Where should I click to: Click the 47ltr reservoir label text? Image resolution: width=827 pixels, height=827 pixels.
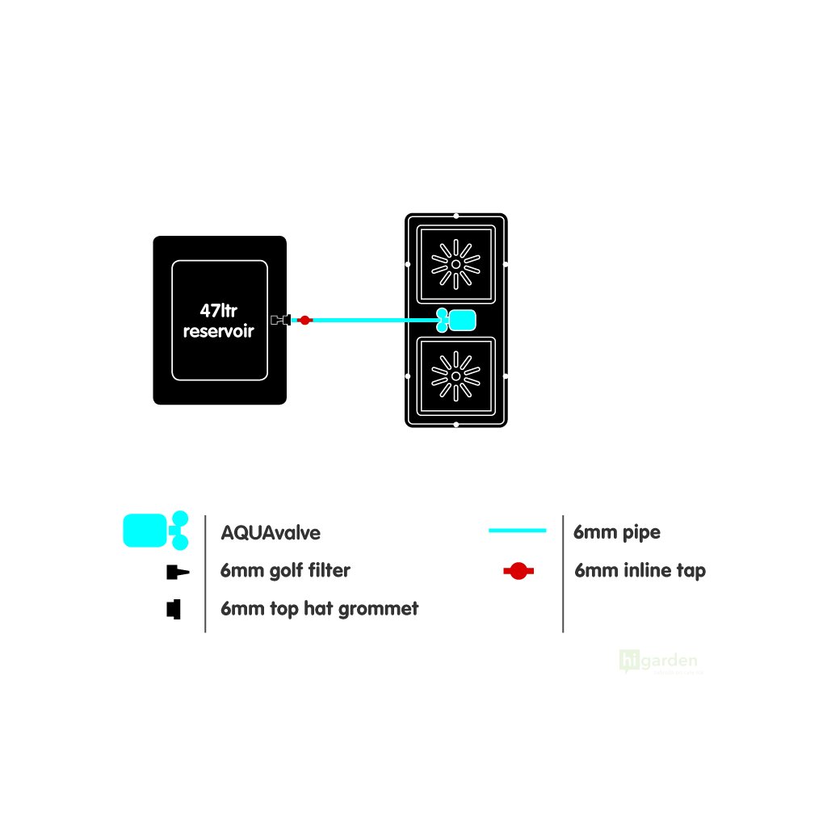[219, 320]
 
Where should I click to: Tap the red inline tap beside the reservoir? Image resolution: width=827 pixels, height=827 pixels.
[304, 321]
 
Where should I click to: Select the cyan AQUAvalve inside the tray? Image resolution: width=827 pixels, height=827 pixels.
[457, 321]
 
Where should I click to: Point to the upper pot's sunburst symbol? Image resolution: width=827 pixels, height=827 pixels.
[455, 264]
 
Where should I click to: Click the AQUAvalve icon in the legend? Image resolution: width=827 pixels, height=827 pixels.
[155, 530]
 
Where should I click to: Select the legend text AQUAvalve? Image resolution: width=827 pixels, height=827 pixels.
[271, 533]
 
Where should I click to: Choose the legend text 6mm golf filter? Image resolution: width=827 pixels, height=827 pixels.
[285, 570]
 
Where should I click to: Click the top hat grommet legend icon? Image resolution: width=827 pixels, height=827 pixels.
[174, 609]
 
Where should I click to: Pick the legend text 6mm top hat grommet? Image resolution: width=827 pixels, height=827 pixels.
[319, 608]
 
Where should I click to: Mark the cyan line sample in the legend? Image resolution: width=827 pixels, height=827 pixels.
[518, 531]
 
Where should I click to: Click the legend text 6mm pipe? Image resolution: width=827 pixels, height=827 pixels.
[616, 532]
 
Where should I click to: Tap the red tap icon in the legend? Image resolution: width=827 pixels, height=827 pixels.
[518, 571]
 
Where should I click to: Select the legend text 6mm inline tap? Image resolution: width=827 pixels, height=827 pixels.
[640, 570]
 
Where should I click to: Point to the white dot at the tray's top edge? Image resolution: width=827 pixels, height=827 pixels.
[456, 216]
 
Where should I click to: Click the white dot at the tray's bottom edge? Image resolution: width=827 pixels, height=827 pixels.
[456, 424]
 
